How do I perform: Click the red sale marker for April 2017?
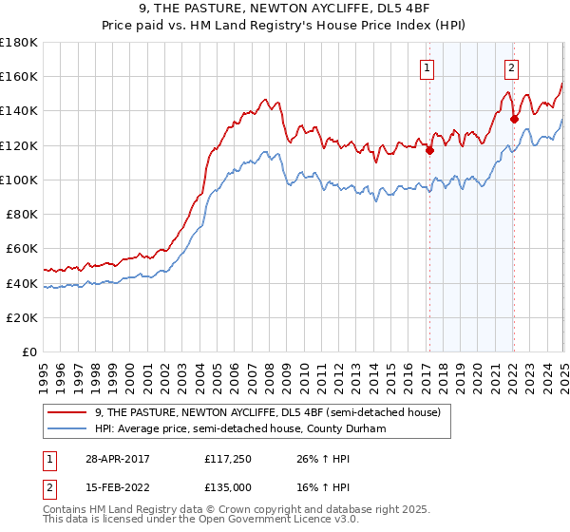point(429,149)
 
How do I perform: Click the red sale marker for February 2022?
point(514,119)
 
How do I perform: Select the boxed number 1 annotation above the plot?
point(427,67)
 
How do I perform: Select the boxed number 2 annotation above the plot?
point(511,67)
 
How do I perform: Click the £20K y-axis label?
point(23,317)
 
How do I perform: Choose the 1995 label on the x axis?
point(44,370)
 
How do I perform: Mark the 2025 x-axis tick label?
point(564,370)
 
